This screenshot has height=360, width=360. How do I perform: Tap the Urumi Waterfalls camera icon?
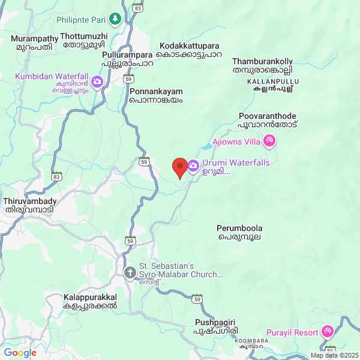[193, 165]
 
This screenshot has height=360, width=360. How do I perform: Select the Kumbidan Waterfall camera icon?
[97, 82]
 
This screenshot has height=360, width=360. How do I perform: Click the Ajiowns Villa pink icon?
[270, 141]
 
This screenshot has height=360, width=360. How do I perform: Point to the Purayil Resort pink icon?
[327, 331]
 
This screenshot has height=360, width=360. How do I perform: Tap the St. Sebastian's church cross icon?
[130, 273]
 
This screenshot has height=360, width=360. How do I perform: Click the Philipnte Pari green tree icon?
[115, 19]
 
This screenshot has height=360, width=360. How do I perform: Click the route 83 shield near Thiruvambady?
[56, 176]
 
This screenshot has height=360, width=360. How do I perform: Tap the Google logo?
[20, 353]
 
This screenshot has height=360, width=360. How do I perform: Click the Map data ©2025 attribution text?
[334, 355]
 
